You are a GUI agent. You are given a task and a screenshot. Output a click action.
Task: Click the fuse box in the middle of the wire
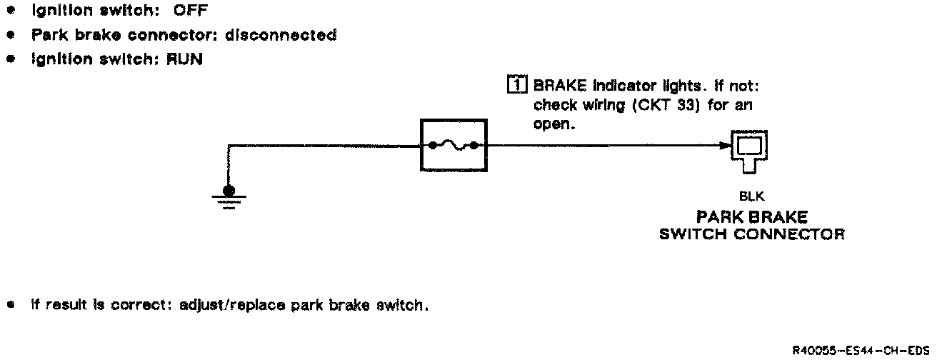click(x=453, y=146)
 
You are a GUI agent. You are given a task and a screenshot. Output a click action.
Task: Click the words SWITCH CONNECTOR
click(x=751, y=234)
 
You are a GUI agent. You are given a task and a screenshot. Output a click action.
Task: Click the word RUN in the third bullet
click(x=185, y=59)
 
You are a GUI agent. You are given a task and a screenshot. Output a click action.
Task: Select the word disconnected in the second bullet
click(x=291, y=35)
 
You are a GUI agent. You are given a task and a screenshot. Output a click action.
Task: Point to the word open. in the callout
click(x=554, y=123)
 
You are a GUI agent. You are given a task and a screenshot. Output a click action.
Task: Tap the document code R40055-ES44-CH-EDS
click(x=864, y=350)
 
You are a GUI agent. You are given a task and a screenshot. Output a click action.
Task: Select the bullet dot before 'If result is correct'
click(x=11, y=305)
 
